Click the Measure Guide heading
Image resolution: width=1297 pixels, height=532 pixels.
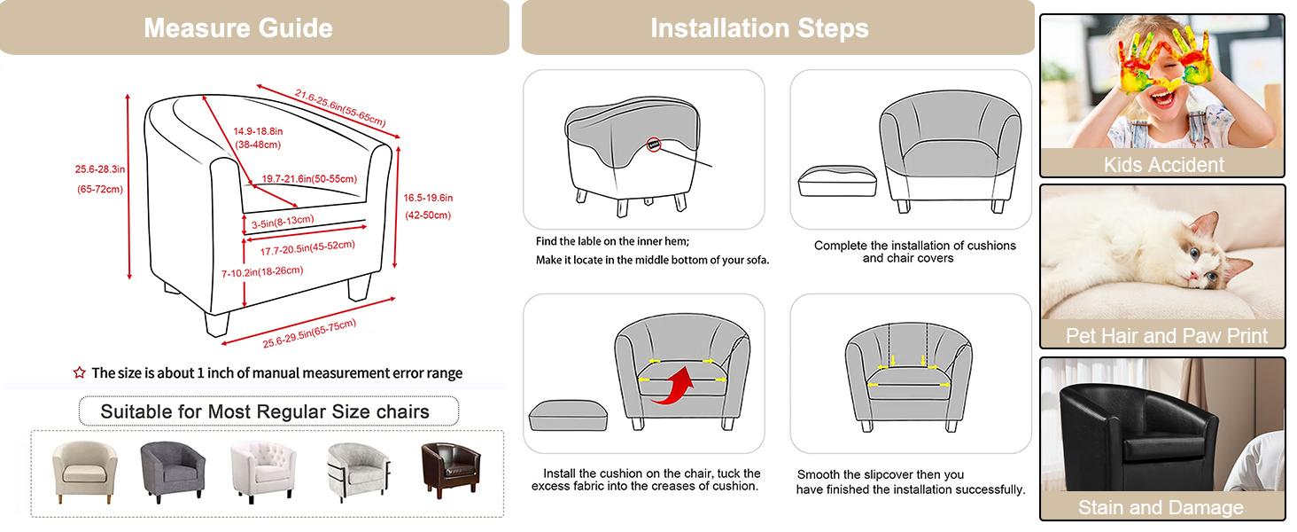click(238, 27)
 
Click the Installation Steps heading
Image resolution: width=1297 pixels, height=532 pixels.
click(759, 27)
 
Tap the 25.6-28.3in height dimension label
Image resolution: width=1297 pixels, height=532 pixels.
click(99, 169)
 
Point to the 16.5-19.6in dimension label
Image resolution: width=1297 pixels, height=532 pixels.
click(428, 198)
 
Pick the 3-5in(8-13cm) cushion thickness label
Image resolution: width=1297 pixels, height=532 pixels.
click(282, 220)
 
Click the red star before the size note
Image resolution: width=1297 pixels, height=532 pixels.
click(79, 373)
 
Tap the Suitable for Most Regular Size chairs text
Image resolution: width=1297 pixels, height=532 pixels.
click(265, 411)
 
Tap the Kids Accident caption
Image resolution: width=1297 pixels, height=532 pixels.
click(1163, 164)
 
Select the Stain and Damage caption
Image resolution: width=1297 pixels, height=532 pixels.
click(1161, 507)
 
